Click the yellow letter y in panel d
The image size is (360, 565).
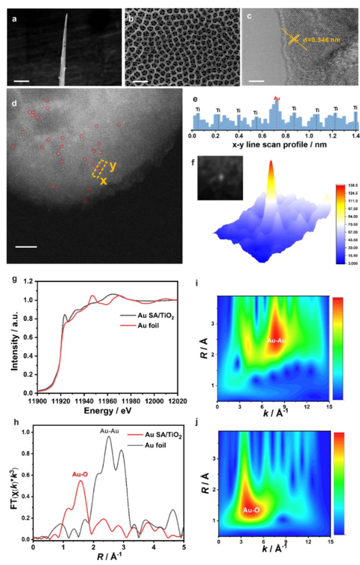(x=112, y=167)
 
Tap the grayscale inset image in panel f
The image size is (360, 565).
(x=220, y=178)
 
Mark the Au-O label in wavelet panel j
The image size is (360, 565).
(x=251, y=510)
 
